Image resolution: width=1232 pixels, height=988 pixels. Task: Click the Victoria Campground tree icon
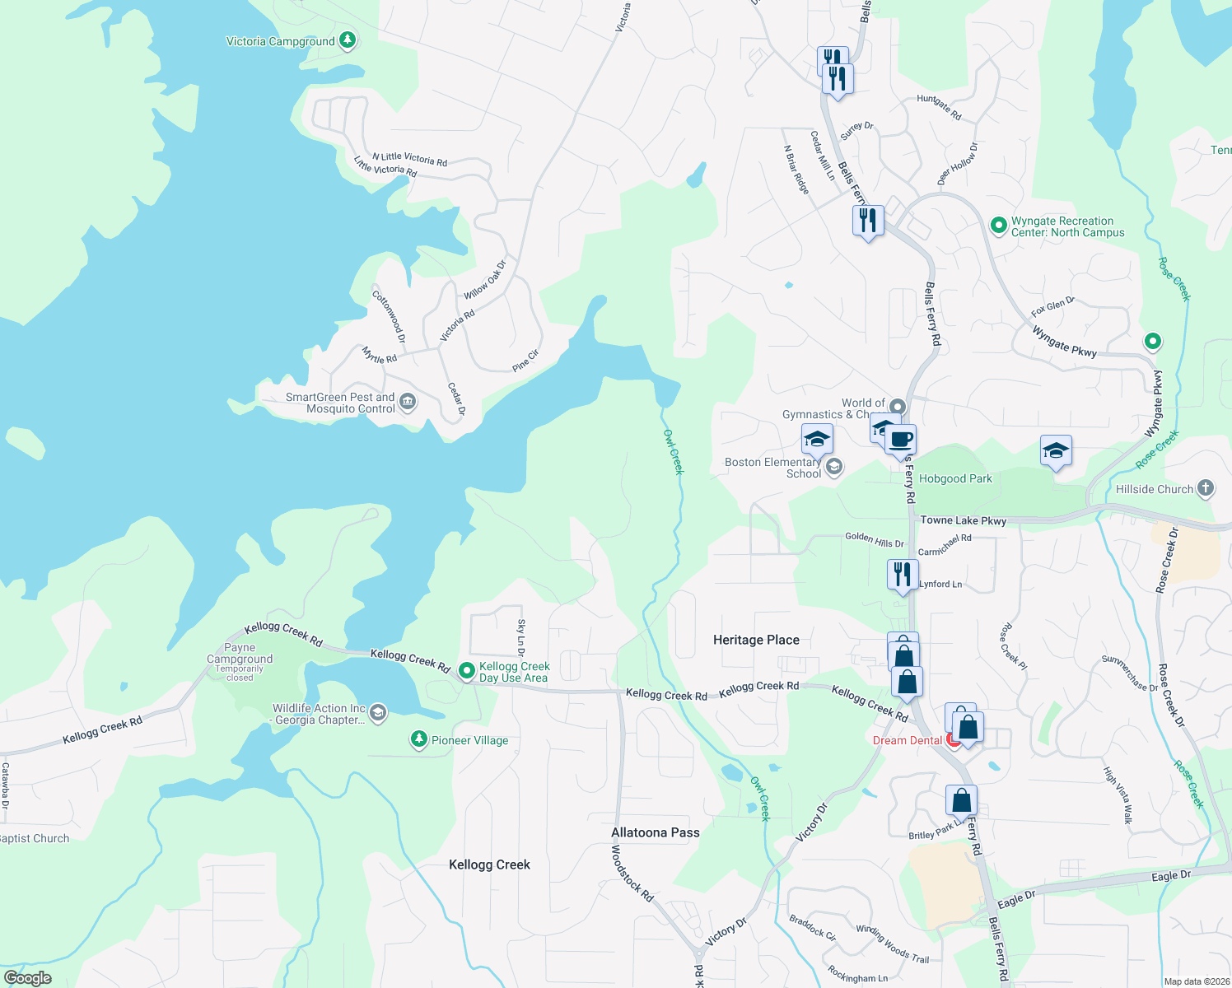(x=348, y=40)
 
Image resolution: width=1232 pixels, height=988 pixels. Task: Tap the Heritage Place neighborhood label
(x=756, y=640)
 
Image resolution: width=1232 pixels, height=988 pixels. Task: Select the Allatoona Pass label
(x=655, y=832)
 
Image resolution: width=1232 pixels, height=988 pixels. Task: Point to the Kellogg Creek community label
(x=489, y=864)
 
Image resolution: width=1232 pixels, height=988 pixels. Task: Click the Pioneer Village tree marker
(x=419, y=739)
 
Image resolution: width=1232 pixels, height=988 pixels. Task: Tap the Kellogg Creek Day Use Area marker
(x=466, y=672)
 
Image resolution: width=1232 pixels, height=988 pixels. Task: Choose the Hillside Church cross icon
(x=1205, y=488)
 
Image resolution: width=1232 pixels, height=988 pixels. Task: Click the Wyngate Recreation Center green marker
(x=998, y=226)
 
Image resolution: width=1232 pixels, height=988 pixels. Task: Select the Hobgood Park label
(x=955, y=478)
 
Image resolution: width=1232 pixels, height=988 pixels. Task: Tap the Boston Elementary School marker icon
(x=834, y=468)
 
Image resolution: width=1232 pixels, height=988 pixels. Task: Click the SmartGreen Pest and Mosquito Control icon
(x=407, y=403)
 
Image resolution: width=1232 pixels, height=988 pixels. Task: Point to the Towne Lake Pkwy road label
(x=963, y=520)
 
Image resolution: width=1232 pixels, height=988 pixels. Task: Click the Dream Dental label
(x=907, y=740)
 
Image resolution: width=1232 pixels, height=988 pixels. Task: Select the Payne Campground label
(x=240, y=654)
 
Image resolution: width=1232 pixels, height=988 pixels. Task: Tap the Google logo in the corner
(x=27, y=977)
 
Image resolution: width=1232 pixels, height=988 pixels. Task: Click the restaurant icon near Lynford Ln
(x=903, y=574)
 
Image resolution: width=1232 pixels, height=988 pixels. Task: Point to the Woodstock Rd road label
(x=632, y=873)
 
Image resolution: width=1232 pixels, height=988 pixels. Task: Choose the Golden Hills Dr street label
(x=874, y=539)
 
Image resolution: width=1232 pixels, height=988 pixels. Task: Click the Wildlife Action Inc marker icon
(x=378, y=713)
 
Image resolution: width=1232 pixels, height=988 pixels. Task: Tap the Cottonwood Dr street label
(x=389, y=316)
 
